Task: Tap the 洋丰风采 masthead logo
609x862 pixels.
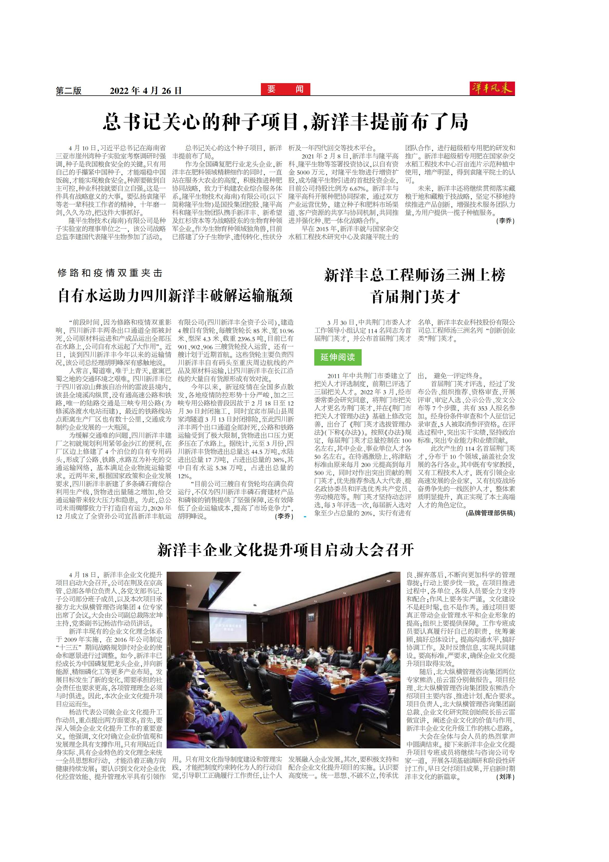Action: tap(492, 89)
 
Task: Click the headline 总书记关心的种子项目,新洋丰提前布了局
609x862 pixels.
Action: tap(286, 122)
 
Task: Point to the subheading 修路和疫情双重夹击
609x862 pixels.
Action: tap(110, 273)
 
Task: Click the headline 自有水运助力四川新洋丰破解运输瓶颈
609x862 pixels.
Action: tap(175, 296)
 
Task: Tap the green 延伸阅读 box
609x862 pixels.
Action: tap(338, 357)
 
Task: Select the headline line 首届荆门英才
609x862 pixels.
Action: tap(415, 297)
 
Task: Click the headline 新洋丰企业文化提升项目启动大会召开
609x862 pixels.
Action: tap(285, 550)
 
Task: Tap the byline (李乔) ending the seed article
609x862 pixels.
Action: tap(505, 221)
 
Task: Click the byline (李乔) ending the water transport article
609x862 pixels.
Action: tap(284, 516)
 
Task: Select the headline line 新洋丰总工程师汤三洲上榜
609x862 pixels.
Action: tap(415, 275)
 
